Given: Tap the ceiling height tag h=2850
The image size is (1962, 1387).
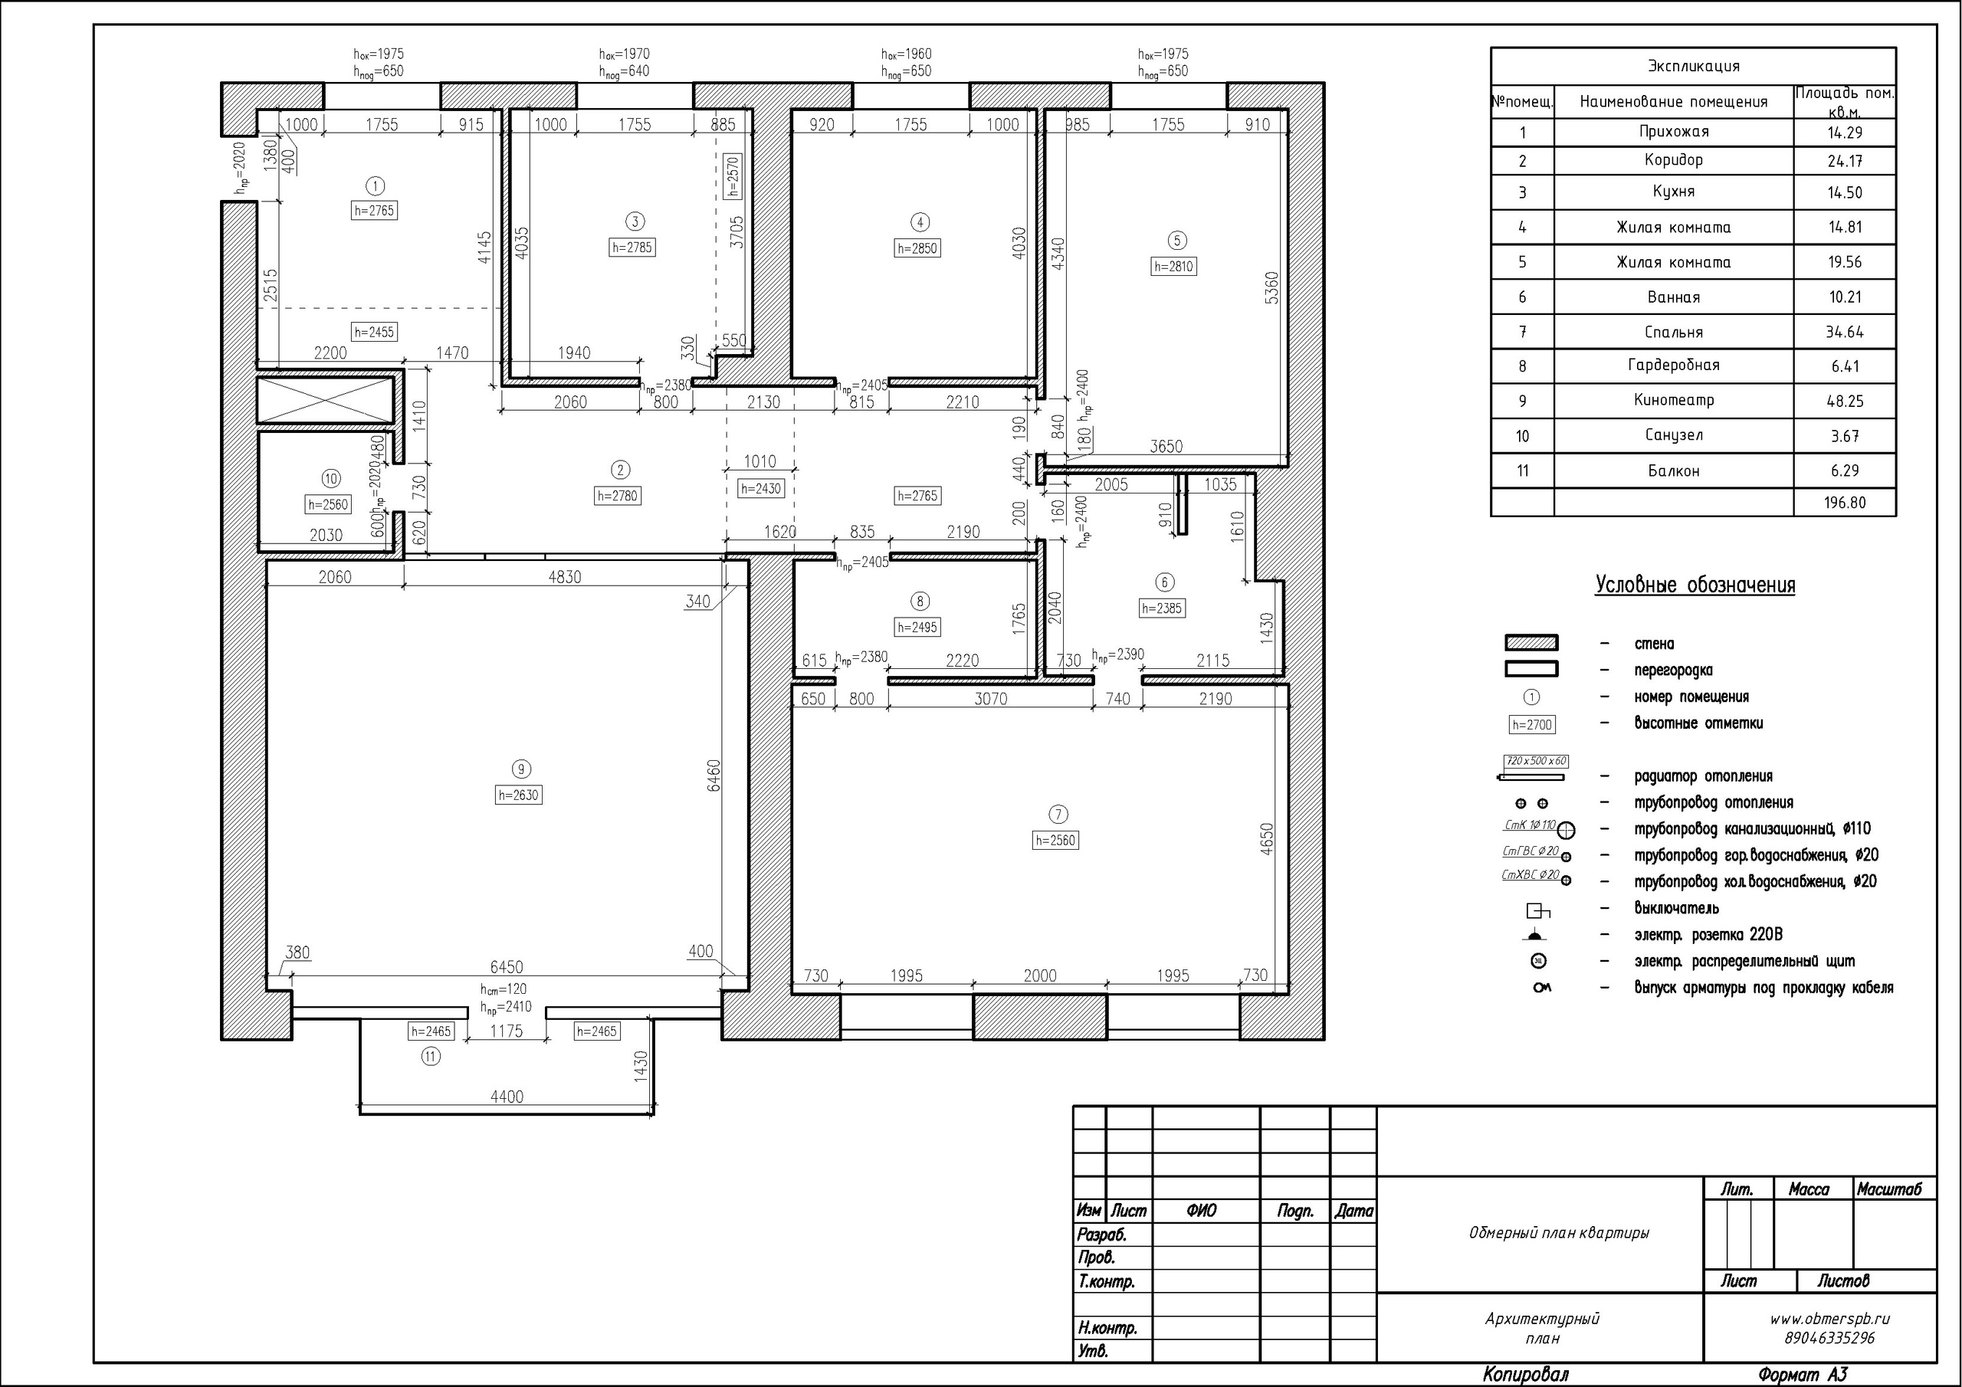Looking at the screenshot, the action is pos(917,249).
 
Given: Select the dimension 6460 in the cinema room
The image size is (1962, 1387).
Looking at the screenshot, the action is pos(714,775).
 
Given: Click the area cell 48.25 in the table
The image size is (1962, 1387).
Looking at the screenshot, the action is pos(1844,401).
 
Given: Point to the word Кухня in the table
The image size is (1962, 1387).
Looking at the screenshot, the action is pos(1673,192).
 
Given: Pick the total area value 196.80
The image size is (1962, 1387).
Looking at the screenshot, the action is pos(1844,503).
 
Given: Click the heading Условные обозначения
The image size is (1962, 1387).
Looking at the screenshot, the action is pos(1695,585).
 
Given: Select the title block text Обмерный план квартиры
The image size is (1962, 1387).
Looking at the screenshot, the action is pos(1558,1233).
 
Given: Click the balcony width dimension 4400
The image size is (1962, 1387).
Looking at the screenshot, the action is pos(507,1097).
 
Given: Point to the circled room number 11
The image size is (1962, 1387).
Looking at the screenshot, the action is pos(431,1056).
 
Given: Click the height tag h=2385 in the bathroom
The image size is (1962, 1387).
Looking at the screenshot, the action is pos(1162,608).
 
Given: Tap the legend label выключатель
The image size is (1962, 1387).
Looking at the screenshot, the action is pos(1677,908).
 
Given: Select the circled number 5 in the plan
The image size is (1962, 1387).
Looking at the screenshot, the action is pos(1176,240).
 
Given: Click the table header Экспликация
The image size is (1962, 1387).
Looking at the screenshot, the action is pos(1693,66).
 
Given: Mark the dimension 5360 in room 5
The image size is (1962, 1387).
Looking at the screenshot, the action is pos(1271,290).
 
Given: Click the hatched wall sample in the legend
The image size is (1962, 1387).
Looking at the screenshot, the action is pos(1531,643).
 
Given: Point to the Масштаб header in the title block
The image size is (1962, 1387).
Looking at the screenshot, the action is pos(1888,1189).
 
